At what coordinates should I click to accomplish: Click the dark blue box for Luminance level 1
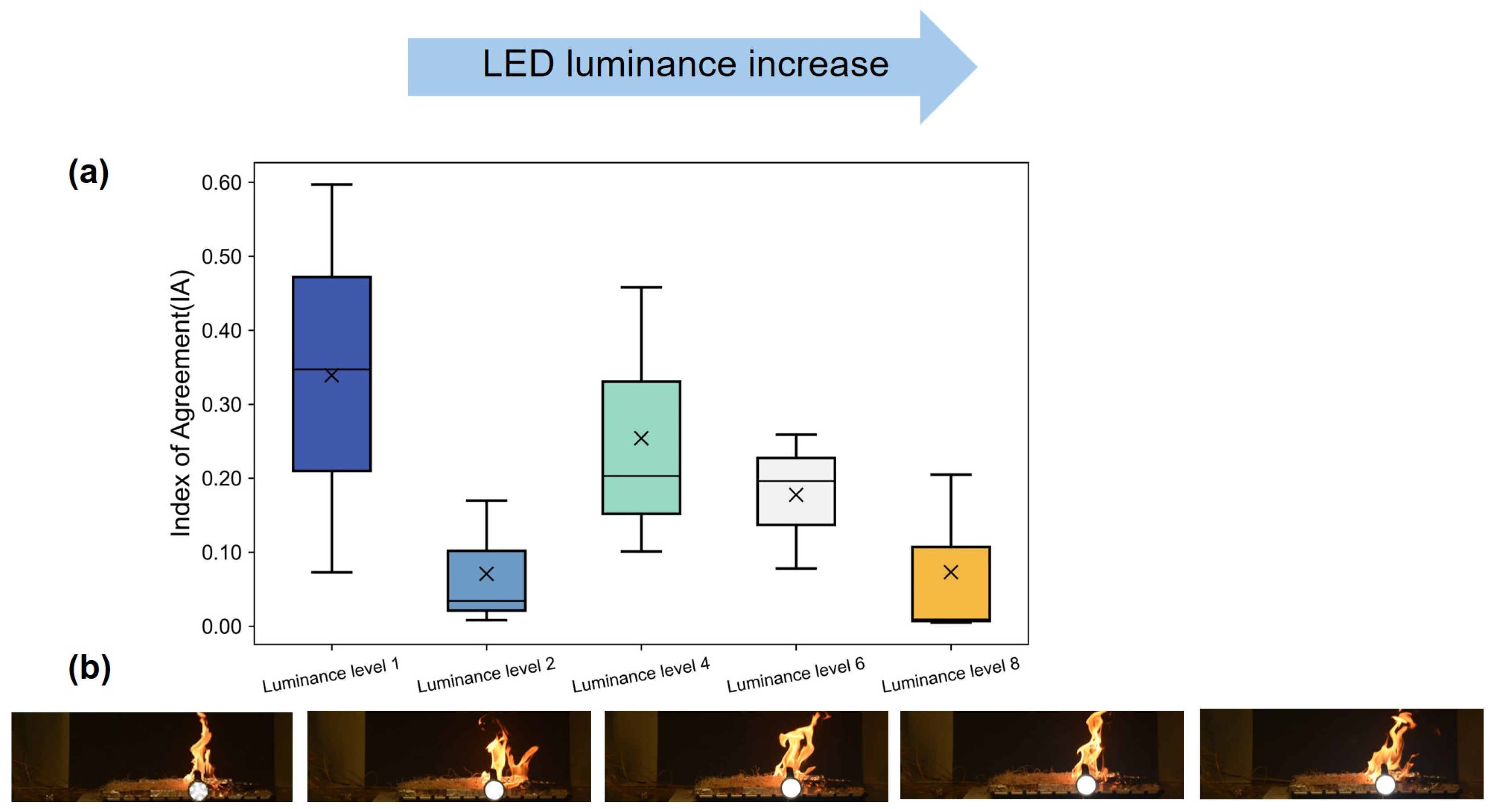click(331, 325)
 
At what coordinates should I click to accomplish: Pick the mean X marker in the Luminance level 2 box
click(487, 574)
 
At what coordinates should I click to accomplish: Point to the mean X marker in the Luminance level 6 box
click(796, 495)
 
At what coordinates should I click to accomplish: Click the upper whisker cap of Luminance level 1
click(331, 185)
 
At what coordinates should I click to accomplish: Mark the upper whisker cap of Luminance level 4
click(641, 287)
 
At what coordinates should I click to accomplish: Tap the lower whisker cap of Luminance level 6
click(796, 568)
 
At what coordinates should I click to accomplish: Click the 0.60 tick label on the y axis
click(221, 183)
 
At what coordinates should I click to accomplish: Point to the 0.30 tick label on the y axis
click(221, 405)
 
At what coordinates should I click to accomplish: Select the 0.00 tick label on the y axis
click(221, 627)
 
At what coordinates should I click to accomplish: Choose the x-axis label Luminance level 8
click(951, 675)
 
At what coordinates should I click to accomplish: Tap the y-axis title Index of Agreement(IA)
click(181, 403)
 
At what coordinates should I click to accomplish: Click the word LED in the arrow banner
click(518, 64)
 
